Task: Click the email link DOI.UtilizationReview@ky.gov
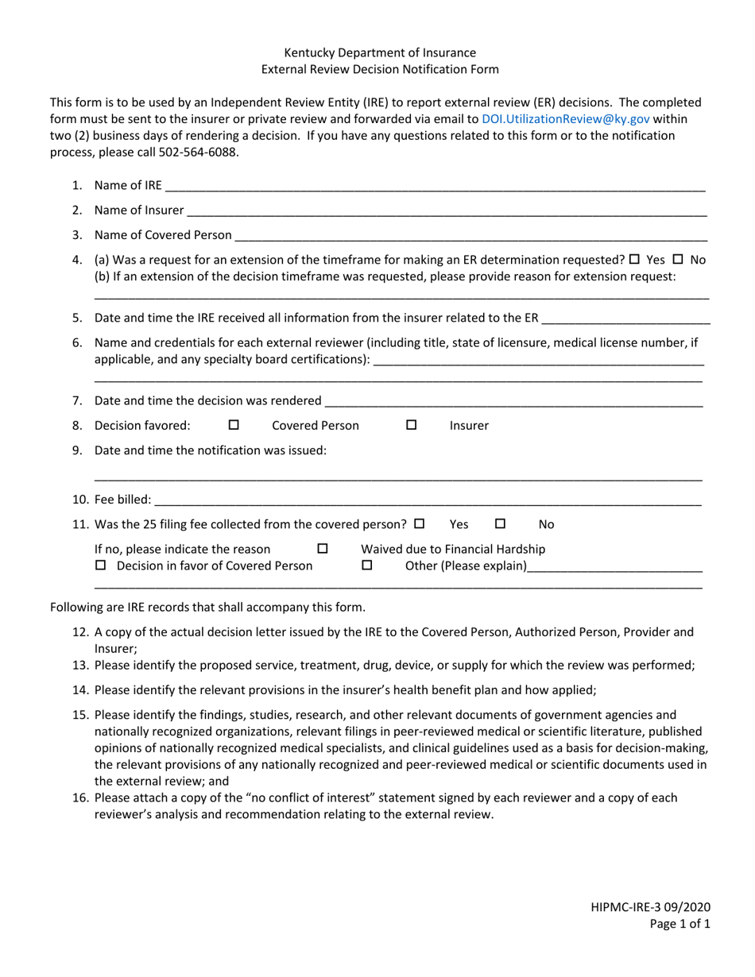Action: (565, 118)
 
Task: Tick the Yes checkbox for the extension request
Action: (634, 259)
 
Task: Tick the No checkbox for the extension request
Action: (678, 259)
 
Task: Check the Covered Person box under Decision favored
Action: (234, 425)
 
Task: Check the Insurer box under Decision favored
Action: (412, 425)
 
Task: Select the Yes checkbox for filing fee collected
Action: (420, 524)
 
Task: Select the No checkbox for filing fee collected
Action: (501, 524)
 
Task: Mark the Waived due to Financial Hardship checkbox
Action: (323, 549)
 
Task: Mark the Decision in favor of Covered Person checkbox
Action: (100, 566)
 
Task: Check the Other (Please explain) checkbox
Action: (367, 566)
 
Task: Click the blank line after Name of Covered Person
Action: (470, 237)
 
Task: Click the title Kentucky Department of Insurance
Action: (380, 52)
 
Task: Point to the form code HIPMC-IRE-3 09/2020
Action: (650, 906)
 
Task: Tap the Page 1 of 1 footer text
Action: (679, 924)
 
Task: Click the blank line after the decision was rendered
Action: (514, 402)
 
